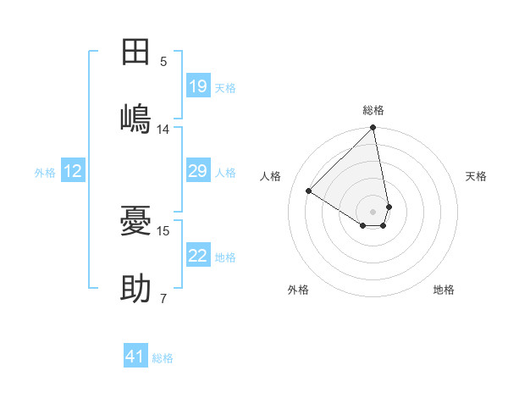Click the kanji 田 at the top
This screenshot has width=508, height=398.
[x=135, y=52]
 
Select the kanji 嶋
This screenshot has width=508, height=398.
[x=135, y=118]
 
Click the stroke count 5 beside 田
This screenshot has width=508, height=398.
[x=163, y=62]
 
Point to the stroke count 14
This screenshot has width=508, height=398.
[x=163, y=130]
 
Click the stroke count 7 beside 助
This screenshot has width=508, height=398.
[x=163, y=298]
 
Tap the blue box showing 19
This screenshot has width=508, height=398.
[x=197, y=86]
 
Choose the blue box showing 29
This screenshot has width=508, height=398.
[x=197, y=172]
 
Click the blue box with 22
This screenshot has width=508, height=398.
[x=197, y=256]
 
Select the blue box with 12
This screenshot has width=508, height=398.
[x=73, y=172]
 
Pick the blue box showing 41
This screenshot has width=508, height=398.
[x=135, y=357]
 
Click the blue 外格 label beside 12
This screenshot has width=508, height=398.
[x=45, y=173]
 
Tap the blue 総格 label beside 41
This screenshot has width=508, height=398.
[x=163, y=358]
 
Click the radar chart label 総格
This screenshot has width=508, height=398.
[x=373, y=110]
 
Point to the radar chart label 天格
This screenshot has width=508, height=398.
[x=477, y=176]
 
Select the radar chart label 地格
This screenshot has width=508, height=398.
[x=444, y=290]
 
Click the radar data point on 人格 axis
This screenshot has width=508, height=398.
[x=309, y=191]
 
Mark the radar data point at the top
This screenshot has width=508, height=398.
[x=373, y=128]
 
